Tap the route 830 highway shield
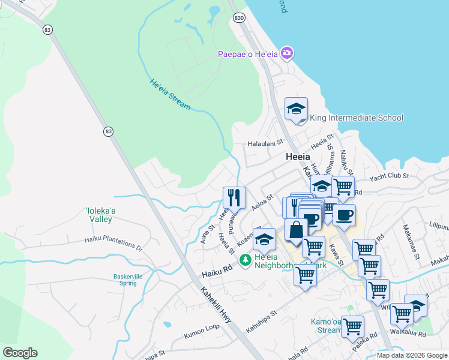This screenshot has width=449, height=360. (x=240, y=19)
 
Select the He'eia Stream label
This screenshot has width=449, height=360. (x=170, y=95)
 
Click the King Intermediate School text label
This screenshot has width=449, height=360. (x=357, y=118)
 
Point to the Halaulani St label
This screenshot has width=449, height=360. (x=265, y=143)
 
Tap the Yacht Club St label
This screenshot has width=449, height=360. (x=389, y=176)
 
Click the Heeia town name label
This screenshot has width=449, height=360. (x=298, y=156)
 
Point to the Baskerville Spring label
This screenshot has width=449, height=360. (x=114, y=280)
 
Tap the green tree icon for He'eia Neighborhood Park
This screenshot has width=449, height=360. (x=245, y=260)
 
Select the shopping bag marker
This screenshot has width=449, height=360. (x=296, y=230)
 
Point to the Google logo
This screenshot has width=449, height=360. (x=20, y=353)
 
